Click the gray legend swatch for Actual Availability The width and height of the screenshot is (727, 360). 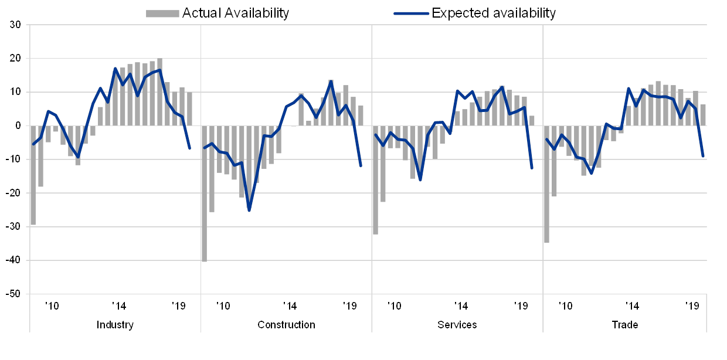[162, 13]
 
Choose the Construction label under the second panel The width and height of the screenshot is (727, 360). [286, 324]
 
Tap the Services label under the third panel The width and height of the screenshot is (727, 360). [457, 324]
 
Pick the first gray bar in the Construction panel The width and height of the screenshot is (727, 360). [204, 193]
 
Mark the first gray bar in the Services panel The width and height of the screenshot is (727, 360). [375, 180]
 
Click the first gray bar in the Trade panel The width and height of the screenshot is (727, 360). [546, 184]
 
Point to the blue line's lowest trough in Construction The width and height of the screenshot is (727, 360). [249, 210]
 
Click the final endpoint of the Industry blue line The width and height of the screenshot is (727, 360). [190, 148]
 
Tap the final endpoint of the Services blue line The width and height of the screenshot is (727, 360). [532, 168]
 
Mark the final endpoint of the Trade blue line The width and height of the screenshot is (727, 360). [703, 157]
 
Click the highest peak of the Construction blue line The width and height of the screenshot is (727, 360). [331, 81]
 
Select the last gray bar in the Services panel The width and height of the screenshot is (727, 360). [532, 121]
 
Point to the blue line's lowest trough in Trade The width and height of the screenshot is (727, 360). [591, 174]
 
